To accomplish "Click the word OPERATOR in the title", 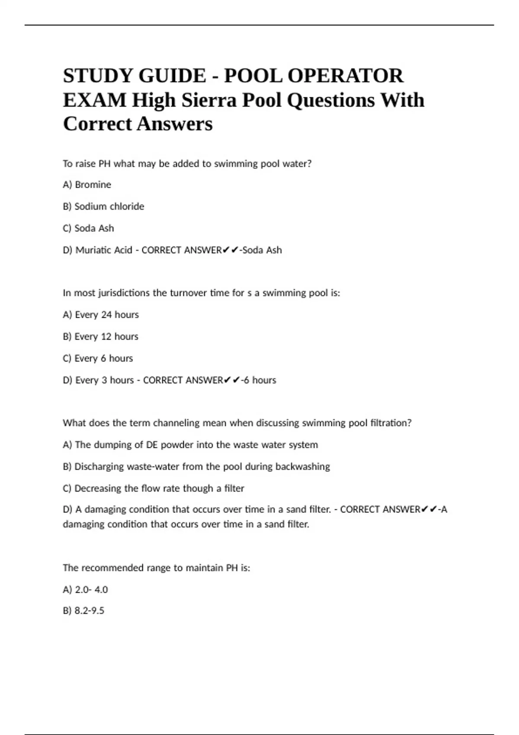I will click(x=345, y=76).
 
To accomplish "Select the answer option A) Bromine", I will click(x=87, y=185).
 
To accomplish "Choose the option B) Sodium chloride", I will click(x=103, y=206).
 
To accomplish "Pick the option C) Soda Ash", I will click(x=88, y=228).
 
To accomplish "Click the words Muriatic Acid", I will click(x=104, y=250).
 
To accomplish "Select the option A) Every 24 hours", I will click(x=101, y=315).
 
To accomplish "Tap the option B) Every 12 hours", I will click(x=100, y=336).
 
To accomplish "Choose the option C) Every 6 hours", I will click(x=98, y=358).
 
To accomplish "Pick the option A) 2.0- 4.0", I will click(x=85, y=590).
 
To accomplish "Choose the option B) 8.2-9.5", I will click(x=83, y=611).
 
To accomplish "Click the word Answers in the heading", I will click(x=175, y=124).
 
